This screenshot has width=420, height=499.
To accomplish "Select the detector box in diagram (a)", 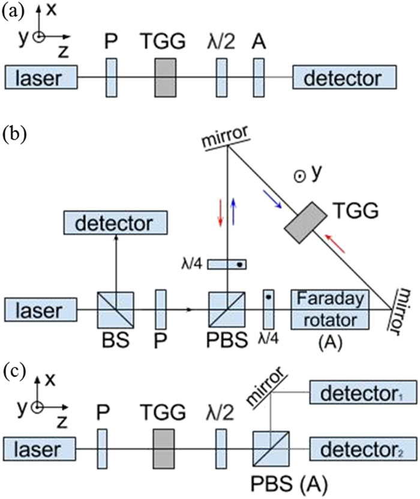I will [344, 78].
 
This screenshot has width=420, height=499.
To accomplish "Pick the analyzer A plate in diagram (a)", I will [259, 77].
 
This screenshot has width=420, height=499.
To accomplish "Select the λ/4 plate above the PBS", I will [227, 264].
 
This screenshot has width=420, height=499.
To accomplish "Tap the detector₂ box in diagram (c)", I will [362, 447].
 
